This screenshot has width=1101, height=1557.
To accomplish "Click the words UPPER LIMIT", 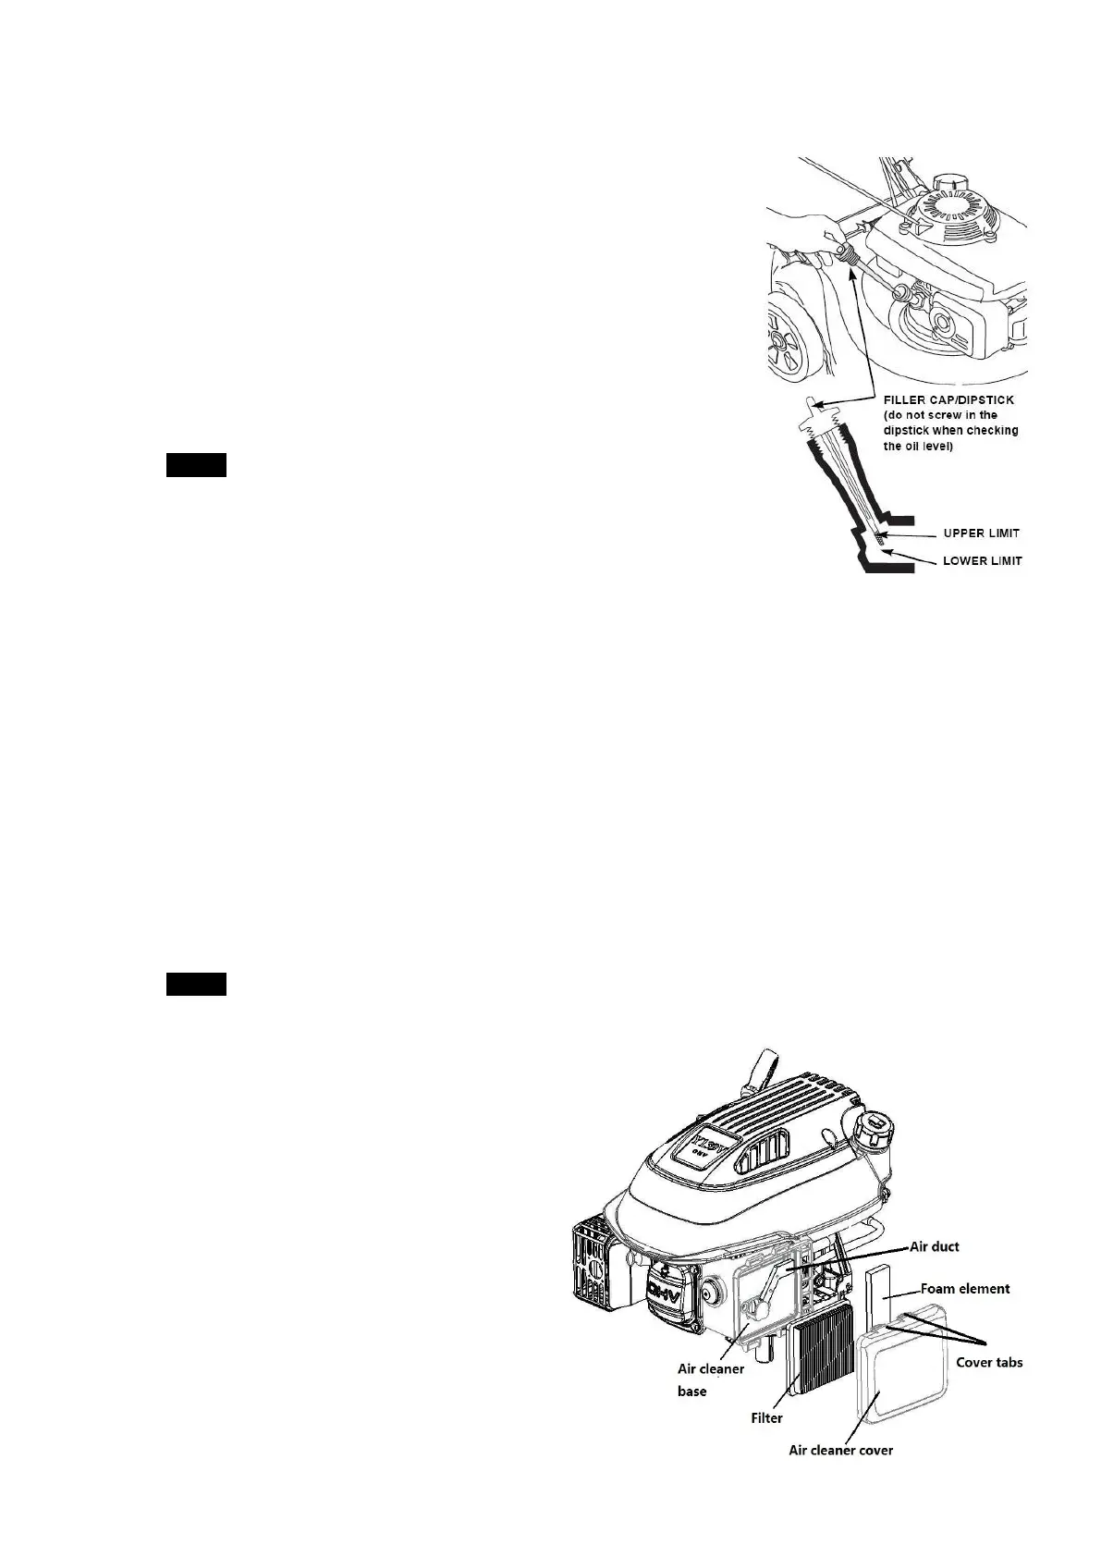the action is click(981, 533).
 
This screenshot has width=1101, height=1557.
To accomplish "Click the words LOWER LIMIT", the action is click(982, 561).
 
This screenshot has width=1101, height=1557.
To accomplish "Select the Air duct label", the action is click(935, 1246).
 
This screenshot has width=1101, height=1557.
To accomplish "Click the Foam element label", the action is click(965, 1288).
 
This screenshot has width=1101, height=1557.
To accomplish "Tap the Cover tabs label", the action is click(989, 1362).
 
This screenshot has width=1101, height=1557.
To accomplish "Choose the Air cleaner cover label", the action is click(840, 1450).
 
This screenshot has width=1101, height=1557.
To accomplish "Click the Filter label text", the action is click(766, 1417).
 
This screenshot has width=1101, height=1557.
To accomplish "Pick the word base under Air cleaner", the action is click(691, 1391).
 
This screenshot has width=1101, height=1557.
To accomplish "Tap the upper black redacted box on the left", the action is click(196, 465).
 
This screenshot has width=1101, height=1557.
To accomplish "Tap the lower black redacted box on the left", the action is click(196, 984).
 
